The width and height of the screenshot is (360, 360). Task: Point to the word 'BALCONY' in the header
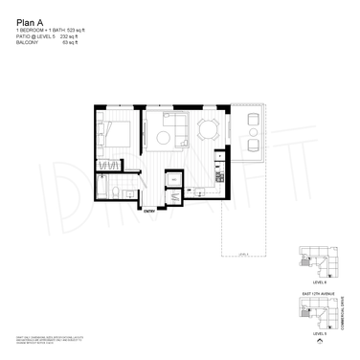28,44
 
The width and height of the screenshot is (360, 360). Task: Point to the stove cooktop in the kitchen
219,178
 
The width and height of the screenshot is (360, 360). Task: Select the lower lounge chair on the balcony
252,145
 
